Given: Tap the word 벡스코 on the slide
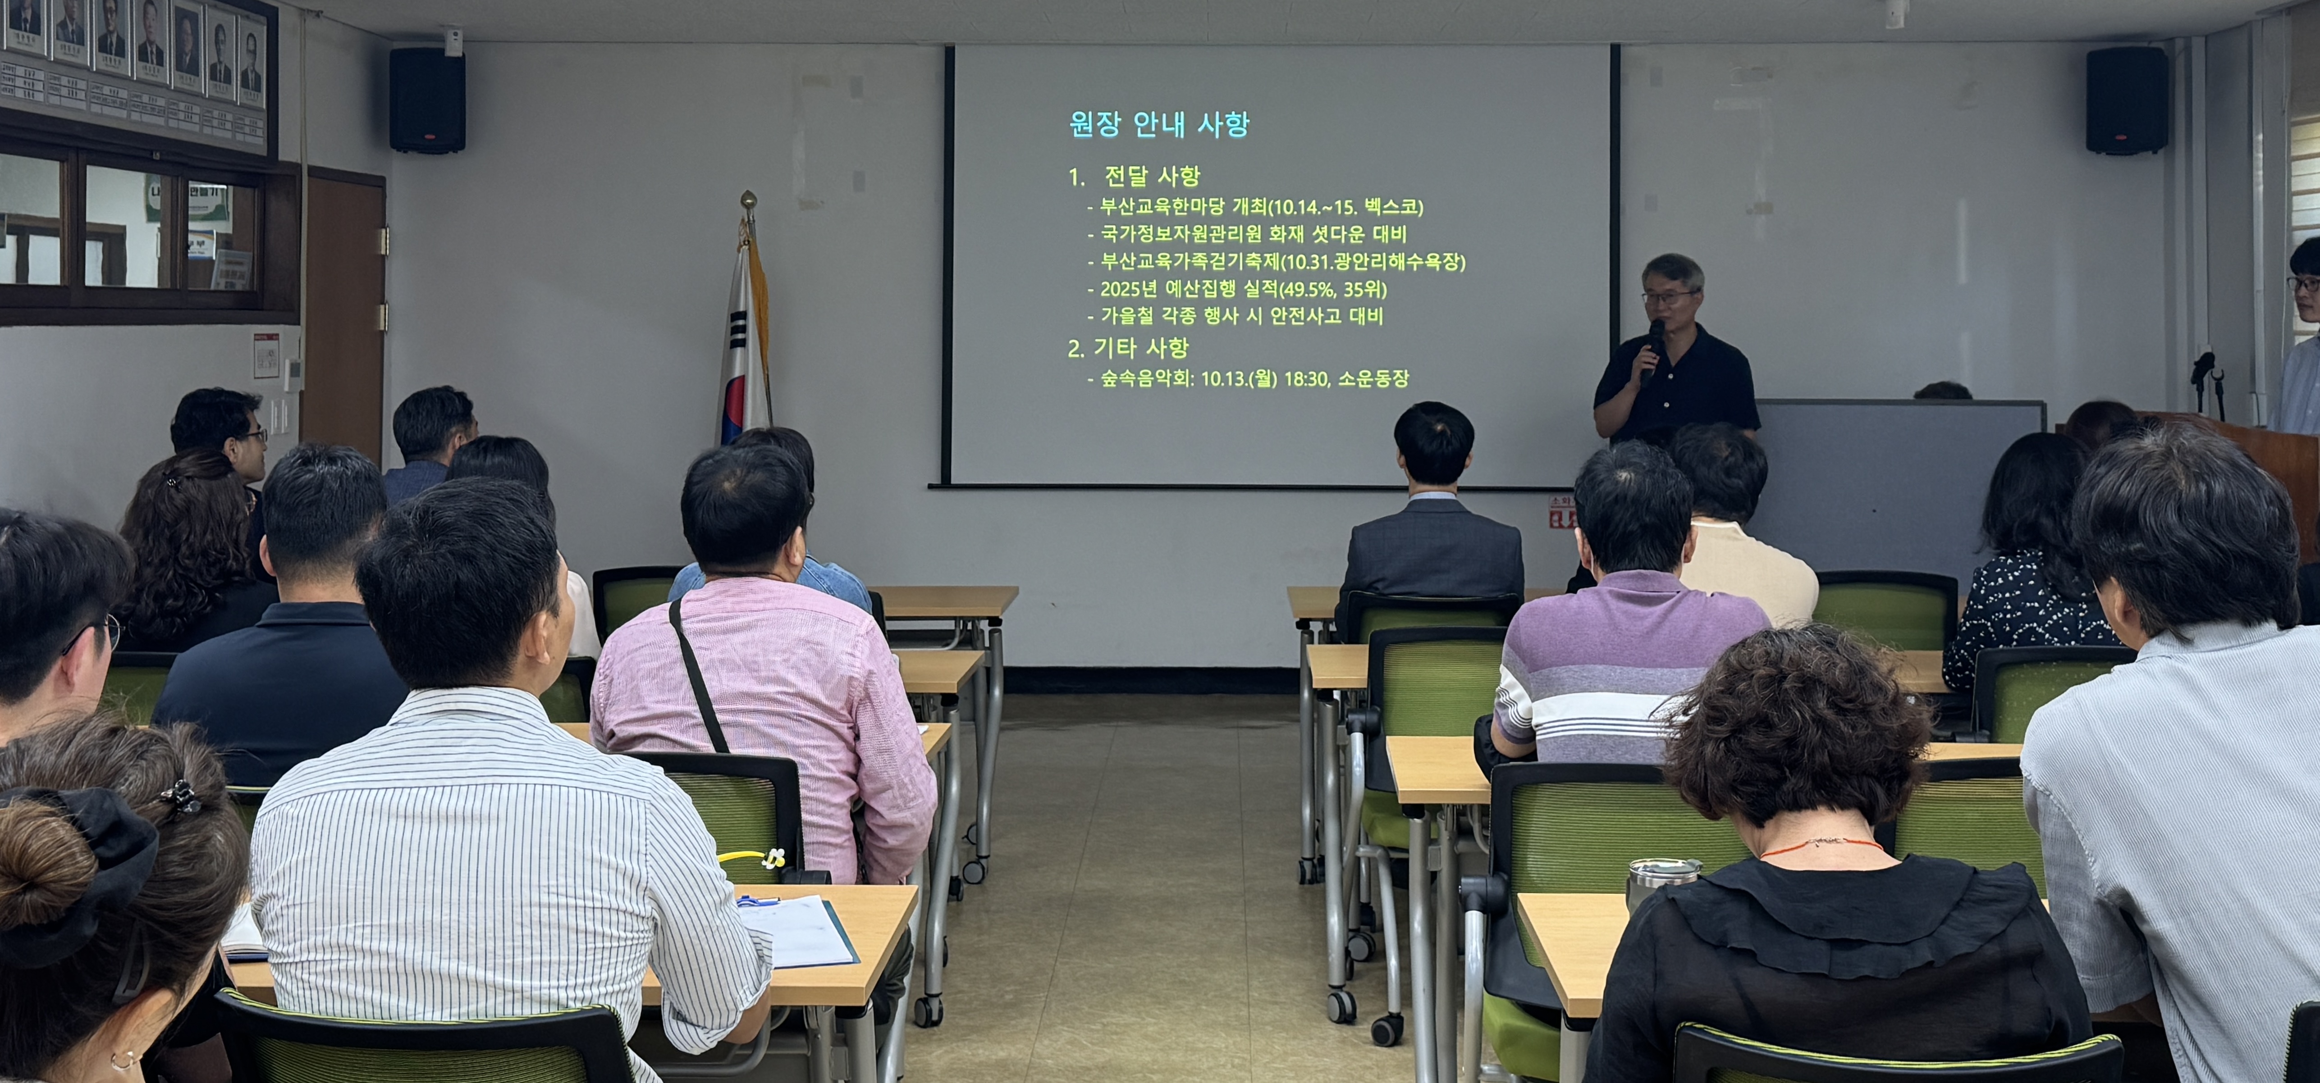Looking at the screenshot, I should (1391, 207).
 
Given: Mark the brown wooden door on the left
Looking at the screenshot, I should (346, 315).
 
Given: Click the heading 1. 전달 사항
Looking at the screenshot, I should (1135, 177).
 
